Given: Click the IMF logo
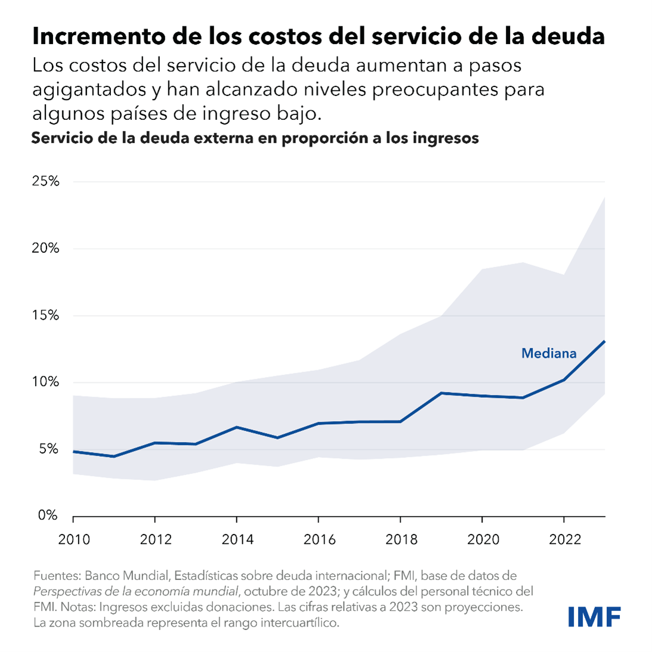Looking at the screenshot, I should coord(594,616).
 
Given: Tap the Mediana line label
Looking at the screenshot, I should coord(549,353).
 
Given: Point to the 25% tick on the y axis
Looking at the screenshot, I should coord(45,181).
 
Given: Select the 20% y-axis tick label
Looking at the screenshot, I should coord(45,248).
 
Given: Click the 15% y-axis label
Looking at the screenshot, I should coord(45,315).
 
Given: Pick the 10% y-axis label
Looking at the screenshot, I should coord(45,382).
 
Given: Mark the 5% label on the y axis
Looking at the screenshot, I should coord(49,449).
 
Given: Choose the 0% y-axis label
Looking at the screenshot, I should coord(49,515).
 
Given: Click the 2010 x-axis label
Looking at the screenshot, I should coord(74,540).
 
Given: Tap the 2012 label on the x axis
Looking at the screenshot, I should coord(155,540).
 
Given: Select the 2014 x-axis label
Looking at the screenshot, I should coord(237,540).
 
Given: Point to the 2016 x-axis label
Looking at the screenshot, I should coord(319,540).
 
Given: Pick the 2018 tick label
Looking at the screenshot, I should coord(401,540).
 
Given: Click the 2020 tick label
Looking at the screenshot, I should coord(483,540).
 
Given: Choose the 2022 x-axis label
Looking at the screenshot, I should coord(564,540).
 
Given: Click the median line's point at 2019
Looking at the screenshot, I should coord(441,393).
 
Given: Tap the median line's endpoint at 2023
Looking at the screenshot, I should coord(604,341).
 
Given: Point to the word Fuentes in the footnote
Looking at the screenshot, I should coord(56,576).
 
